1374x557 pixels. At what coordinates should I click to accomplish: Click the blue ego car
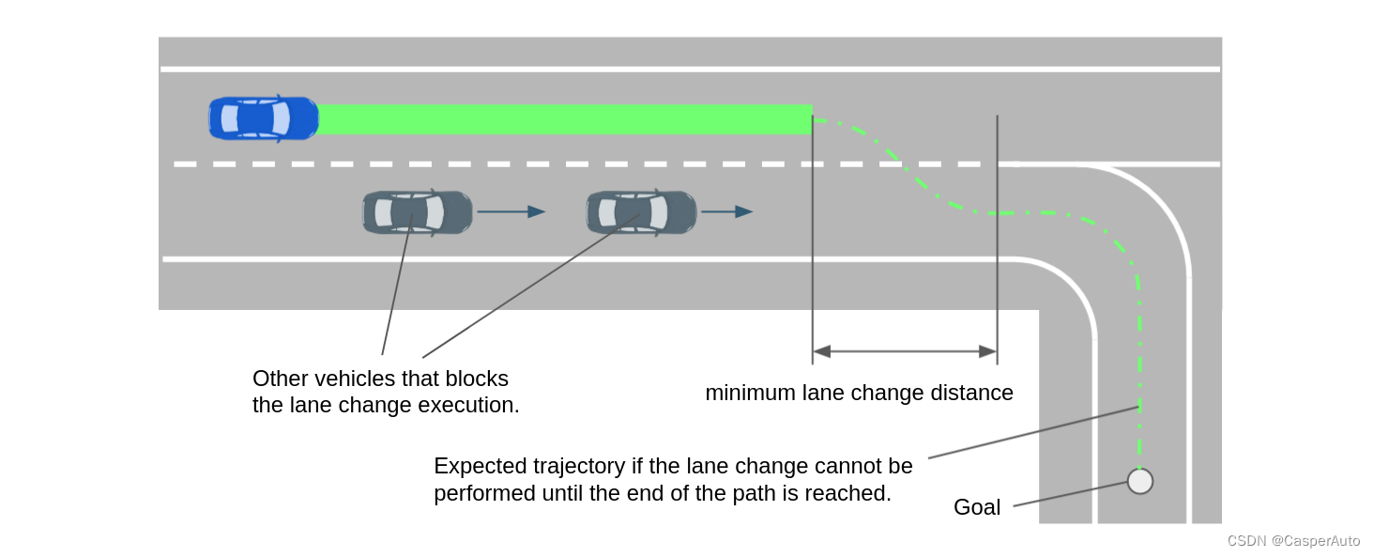click(x=263, y=119)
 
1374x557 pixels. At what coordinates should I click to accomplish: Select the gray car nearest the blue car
click(x=418, y=212)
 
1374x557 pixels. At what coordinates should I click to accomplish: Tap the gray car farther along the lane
click(x=641, y=212)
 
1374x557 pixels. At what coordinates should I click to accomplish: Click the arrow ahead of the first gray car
click(x=511, y=212)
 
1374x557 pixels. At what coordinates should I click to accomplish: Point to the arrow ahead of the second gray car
click(x=726, y=212)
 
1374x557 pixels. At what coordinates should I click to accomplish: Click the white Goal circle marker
click(x=1139, y=481)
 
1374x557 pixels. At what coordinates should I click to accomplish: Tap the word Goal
click(x=977, y=507)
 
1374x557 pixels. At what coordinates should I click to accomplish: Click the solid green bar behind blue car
click(x=563, y=119)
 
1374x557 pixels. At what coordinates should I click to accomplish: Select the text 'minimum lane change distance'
click(x=859, y=393)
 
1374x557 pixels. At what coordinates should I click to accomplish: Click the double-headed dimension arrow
click(x=904, y=351)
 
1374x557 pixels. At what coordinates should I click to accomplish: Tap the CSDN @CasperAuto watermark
click(x=1293, y=541)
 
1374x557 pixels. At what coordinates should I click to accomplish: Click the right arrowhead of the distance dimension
click(x=987, y=351)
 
